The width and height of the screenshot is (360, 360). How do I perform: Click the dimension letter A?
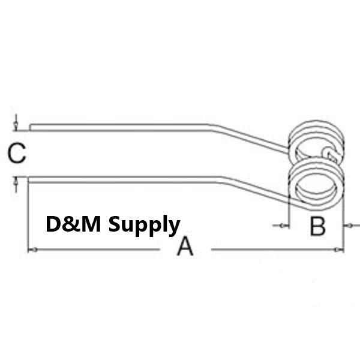coord(185,247)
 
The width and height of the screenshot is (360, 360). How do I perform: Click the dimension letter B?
coord(317,226)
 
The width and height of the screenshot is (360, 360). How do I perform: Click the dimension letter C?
coord(17,153)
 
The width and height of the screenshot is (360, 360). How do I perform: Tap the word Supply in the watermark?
coord(144,226)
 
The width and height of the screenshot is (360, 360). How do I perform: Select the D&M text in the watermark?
coord(73,224)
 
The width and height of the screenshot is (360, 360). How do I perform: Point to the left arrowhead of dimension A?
coord(34,250)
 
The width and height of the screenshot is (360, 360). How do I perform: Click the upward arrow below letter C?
coord(16,185)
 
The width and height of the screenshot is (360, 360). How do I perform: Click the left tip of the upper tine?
coord(30,127)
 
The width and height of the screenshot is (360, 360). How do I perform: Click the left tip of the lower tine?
coord(29,180)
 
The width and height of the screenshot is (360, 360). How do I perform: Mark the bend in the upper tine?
coord(212,127)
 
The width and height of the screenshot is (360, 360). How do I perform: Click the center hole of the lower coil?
coord(317,185)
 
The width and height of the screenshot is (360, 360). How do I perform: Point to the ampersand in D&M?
coord(70,224)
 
